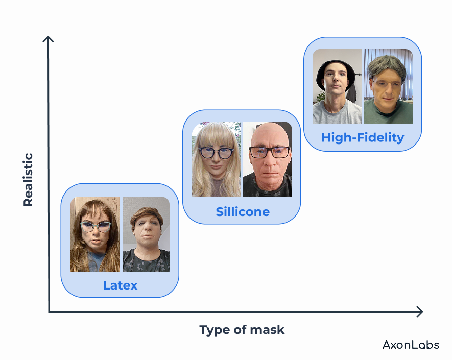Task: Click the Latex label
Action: pyautogui.click(x=120, y=285)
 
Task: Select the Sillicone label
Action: pyautogui.click(x=243, y=212)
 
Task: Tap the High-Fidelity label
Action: pyautogui.click(x=363, y=138)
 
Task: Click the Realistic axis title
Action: pyautogui.click(x=28, y=180)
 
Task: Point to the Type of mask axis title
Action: pyautogui.click(x=242, y=330)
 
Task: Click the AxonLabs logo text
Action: pyautogui.click(x=411, y=345)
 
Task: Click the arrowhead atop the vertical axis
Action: pyautogui.click(x=48, y=39)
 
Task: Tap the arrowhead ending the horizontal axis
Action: pyautogui.click(x=419, y=311)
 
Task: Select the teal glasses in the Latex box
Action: pyautogui.click(x=96, y=227)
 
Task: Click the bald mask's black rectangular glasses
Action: pyautogui.click(x=269, y=152)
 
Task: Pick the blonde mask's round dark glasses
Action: pyautogui.click(x=216, y=153)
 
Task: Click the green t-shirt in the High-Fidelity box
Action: pyautogui.click(x=388, y=112)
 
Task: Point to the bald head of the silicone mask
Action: pyautogui.click(x=269, y=133)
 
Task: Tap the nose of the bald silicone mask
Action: pyautogui.click(x=270, y=160)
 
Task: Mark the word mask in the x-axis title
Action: pyautogui.click(x=267, y=330)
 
